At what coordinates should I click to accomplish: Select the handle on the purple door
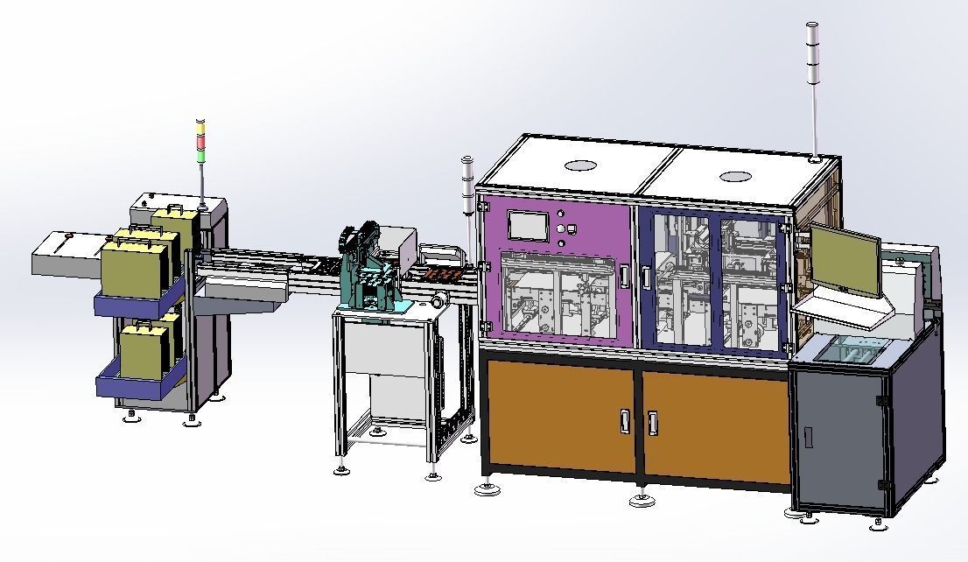point(624,275)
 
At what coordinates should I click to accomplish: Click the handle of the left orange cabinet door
point(624,422)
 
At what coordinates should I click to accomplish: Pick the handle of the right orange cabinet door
point(652,422)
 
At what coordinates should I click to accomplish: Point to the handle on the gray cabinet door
point(808,435)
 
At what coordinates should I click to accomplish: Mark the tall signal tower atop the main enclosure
point(813,88)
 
